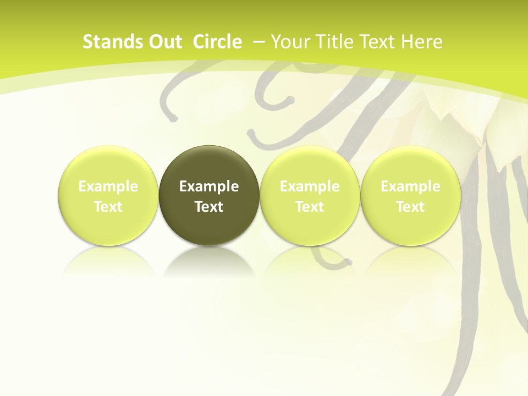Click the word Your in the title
pyautogui.click(x=289, y=42)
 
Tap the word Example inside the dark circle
pyautogui.click(x=209, y=186)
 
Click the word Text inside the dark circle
pyautogui.click(x=209, y=207)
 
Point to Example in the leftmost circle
pyautogui.click(x=108, y=186)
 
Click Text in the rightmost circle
pyautogui.click(x=410, y=207)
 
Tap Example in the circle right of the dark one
pyautogui.click(x=310, y=186)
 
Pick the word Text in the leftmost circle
pyautogui.click(x=108, y=207)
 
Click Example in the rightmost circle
pyautogui.click(x=410, y=186)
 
